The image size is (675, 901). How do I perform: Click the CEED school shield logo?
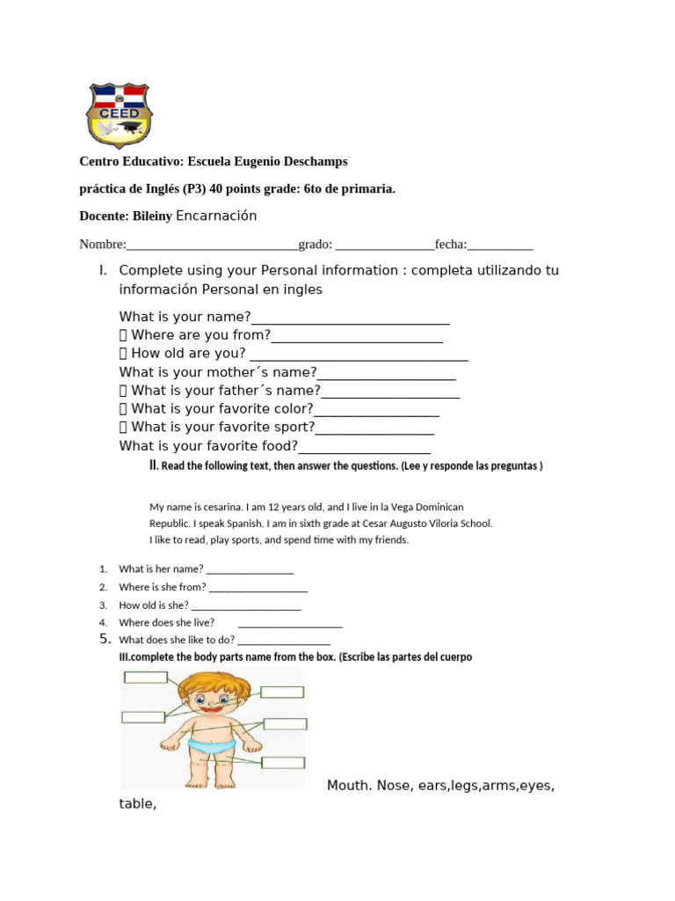[x=119, y=115]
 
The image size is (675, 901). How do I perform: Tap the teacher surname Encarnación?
[x=216, y=216]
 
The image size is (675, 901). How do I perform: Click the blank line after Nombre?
[x=212, y=245]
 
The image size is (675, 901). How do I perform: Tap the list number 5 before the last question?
[x=104, y=640]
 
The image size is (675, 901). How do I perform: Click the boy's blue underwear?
[x=214, y=749]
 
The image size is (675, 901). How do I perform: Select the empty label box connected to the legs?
[x=283, y=763]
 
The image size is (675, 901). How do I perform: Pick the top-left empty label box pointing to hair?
[x=145, y=677]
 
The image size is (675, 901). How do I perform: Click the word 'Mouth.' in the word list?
[x=350, y=785]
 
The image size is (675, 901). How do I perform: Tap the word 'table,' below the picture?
[x=137, y=803]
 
